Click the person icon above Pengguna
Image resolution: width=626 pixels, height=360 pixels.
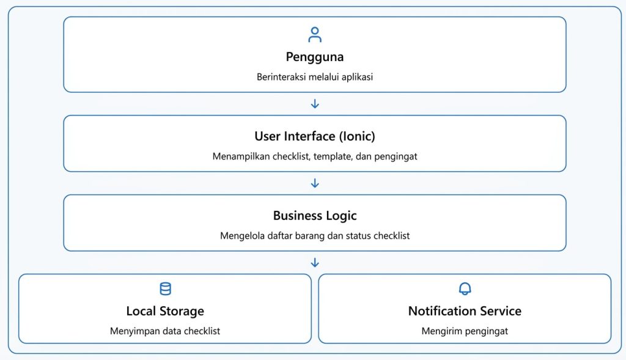[315, 34]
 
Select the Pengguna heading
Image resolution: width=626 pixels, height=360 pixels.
[315, 57]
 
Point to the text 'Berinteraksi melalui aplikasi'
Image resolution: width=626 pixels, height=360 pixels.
[315, 77]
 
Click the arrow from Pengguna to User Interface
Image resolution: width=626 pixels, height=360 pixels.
[315, 104]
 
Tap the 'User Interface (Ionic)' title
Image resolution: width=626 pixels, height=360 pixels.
[315, 136]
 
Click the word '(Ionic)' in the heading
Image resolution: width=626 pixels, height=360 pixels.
[357, 136]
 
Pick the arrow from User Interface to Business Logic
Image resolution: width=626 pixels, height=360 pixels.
[315, 183]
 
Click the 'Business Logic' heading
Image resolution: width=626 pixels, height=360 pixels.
[315, 216]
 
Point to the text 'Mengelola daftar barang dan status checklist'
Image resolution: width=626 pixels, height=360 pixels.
[315, 236]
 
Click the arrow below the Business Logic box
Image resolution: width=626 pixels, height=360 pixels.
[315, 263]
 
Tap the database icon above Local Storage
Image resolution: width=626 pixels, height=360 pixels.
[165, 288]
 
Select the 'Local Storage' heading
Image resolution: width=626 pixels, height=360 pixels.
[165, 311]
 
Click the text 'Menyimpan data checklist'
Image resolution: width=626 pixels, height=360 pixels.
[165, 331]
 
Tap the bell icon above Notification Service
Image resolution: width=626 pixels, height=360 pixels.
[465, 288]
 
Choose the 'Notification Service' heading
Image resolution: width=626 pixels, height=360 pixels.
[465, 311]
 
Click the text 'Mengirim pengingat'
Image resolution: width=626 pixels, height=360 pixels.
[465, 331]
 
